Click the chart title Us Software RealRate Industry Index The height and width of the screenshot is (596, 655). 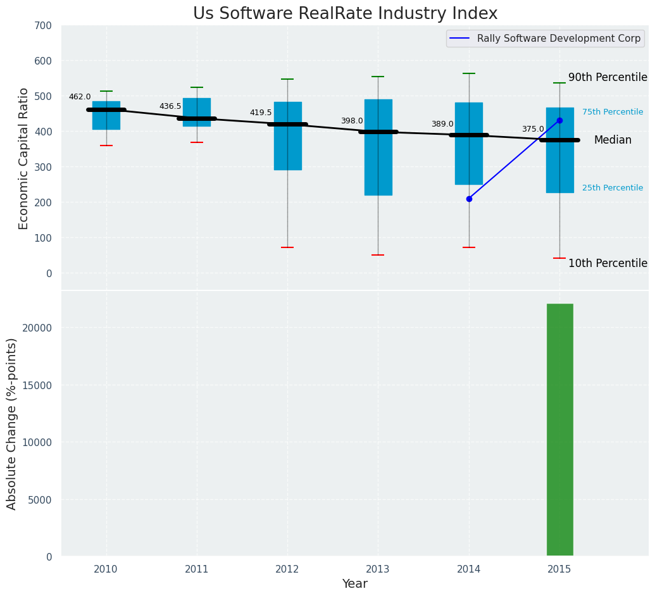[345, 14]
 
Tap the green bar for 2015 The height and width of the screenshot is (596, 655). [559, 430]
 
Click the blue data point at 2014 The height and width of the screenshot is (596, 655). [469, 199]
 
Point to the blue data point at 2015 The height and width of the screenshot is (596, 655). [559, 120]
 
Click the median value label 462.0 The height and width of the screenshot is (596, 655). [80, 97]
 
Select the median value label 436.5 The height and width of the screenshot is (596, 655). [170, 106]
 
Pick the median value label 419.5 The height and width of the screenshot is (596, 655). [261, 113]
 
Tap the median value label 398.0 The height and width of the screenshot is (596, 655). [352, 121]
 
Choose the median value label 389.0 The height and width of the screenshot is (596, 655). [442, 124]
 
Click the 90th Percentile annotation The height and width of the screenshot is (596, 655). [608, 77]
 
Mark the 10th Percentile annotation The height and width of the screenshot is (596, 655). [608, 263]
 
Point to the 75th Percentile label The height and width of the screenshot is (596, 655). [613, 112]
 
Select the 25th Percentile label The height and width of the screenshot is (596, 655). [613, 188]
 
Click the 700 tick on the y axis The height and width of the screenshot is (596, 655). [47, 25]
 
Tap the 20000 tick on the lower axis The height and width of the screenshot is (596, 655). [39, 328]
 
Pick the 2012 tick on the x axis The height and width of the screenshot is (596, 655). [287, 569]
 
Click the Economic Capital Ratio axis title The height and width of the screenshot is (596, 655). [24, 158]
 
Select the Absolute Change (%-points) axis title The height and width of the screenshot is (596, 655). [12, 423]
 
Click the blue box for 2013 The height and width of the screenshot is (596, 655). [378, 147]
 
